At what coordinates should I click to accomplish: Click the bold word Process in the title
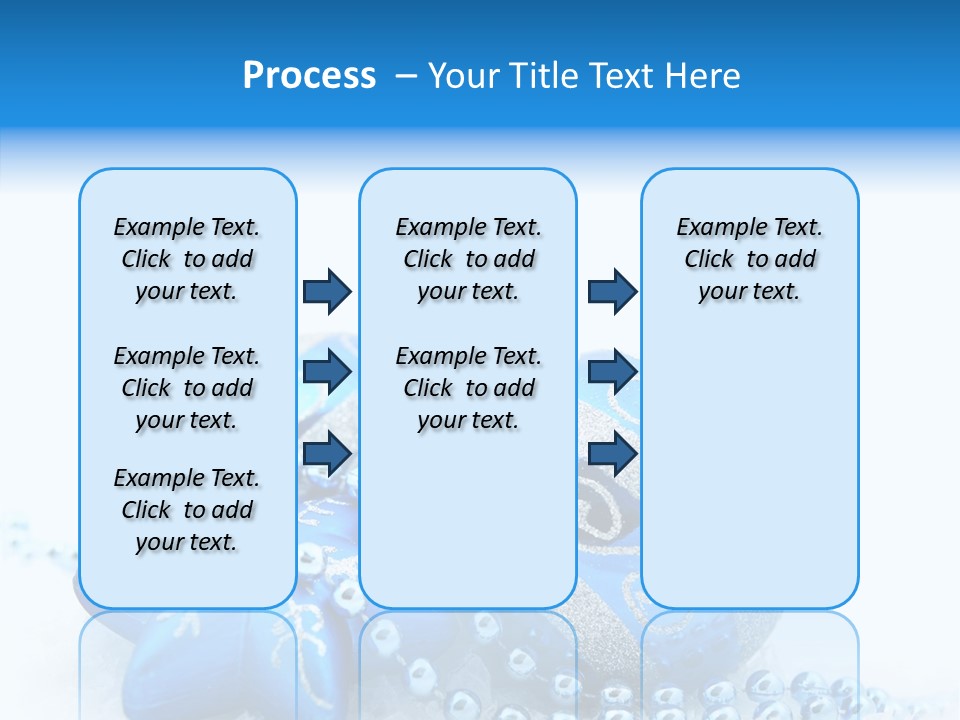309,76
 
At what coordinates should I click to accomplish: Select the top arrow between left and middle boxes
327,291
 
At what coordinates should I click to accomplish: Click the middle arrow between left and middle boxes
327,372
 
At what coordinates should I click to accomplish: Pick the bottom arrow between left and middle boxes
327,453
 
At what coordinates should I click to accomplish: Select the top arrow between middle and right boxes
612,291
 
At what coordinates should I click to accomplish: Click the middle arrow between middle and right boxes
612,372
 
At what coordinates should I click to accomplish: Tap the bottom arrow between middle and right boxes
612,453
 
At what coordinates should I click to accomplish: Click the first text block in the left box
187,259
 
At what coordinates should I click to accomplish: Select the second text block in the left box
187,388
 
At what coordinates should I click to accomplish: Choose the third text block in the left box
187,510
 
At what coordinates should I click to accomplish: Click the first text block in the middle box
468,259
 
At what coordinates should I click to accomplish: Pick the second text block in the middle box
468,388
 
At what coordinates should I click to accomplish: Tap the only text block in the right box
749,259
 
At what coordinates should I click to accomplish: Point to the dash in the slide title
406,77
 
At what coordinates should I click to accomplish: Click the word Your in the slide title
465,76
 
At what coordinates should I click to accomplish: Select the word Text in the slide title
622,76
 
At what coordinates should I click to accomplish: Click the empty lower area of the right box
749,480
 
